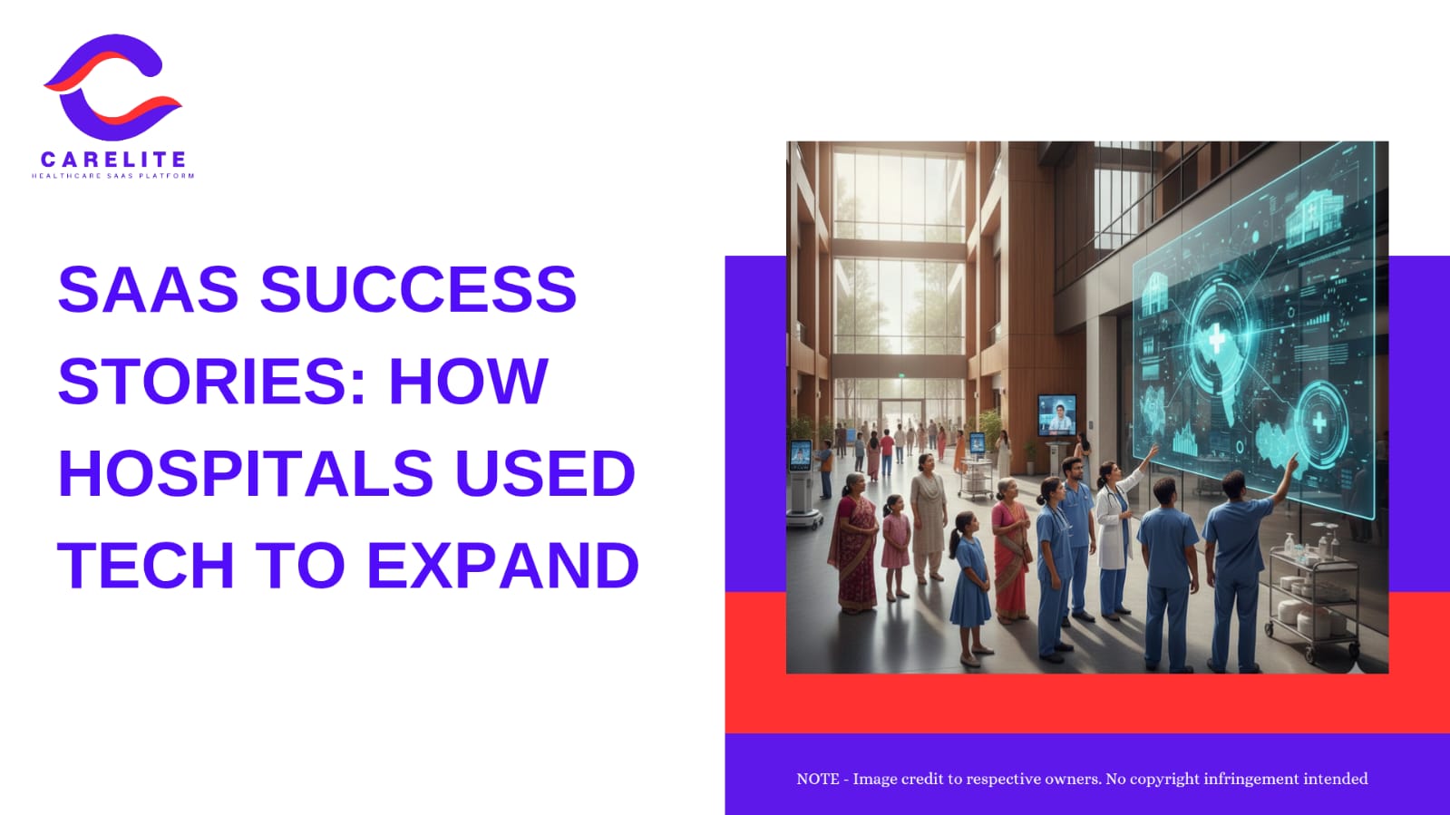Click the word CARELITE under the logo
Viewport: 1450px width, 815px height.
(113, 160)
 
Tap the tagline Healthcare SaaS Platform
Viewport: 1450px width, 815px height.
(112, 176)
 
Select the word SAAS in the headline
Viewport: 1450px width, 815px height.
(148, 289)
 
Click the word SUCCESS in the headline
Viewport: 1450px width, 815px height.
(418, 289)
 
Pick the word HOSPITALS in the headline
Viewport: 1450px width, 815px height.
(246, 473)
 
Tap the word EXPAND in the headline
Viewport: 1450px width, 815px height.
(503, 565)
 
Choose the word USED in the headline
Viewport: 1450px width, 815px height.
(545, 473)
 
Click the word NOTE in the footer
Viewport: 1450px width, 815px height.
(818, 779)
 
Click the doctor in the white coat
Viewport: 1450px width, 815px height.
(1114, 538)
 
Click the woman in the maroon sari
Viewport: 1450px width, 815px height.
(854, 544)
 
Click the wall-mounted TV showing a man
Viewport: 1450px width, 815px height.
(1057, 415)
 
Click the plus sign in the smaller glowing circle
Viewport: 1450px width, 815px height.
(1319, 423)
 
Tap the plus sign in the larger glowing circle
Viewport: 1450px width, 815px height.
(1217, 339)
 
